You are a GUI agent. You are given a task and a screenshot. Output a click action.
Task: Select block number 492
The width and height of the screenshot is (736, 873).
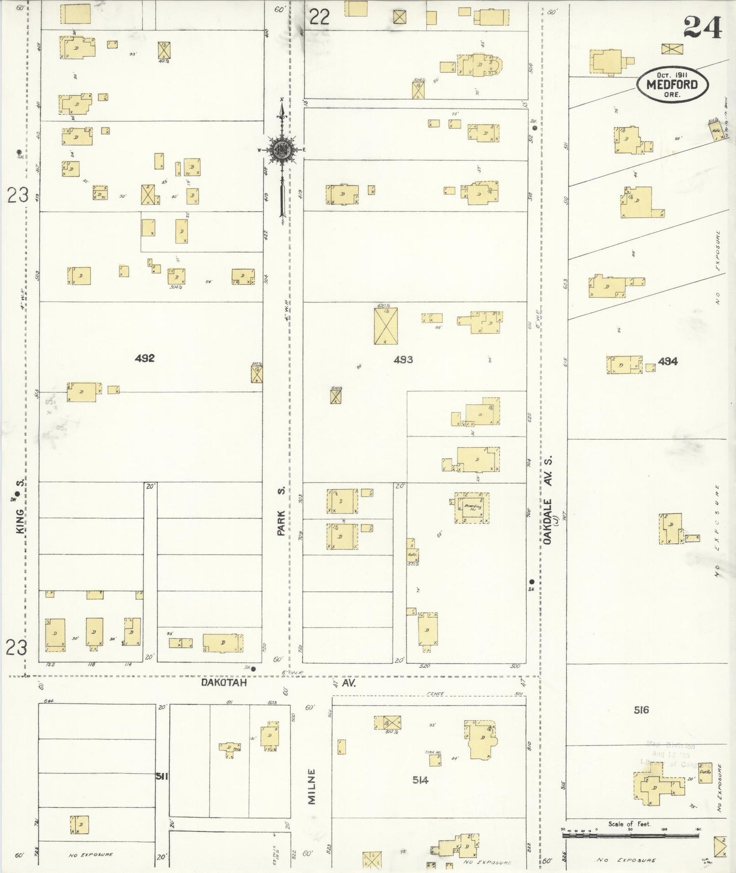tap(144, 358)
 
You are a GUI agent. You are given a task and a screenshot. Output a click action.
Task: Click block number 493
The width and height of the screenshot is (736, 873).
tap(403, 360)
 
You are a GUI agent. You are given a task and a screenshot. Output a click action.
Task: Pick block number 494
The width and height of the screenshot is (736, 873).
tap(667, 361)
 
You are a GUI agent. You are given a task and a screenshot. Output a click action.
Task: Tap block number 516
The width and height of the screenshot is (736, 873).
tap(641, 710)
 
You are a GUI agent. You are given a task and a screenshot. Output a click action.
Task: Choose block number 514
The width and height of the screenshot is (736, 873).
tap(420, 780)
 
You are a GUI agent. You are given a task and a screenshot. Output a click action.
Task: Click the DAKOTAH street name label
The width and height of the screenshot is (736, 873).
tap(224, 683)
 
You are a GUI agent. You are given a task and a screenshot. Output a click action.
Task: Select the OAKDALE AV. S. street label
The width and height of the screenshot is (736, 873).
tap(549, 500)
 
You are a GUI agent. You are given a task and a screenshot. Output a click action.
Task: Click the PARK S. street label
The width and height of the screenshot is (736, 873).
tap(281, 511)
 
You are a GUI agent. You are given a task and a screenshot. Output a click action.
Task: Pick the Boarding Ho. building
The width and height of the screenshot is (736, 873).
tap(472, 507)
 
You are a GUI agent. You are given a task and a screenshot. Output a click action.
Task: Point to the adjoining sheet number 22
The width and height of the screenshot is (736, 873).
tap(319, 18)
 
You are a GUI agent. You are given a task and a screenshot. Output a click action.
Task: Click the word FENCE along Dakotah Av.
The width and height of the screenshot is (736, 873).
tap(437, 694)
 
